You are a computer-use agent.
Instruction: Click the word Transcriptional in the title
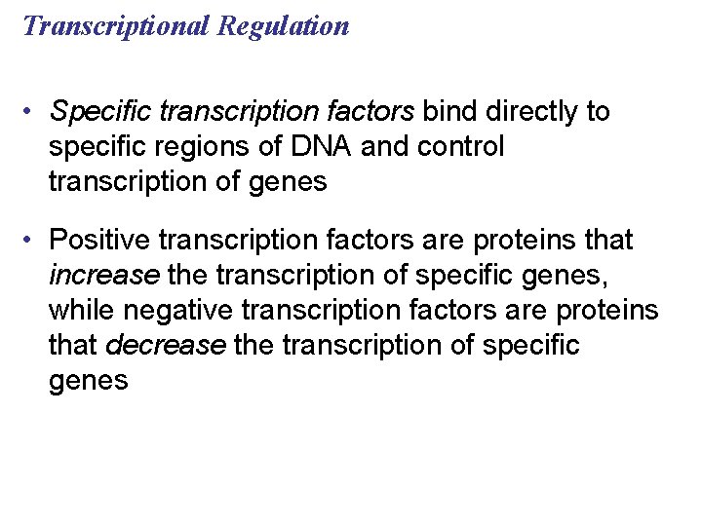pyautogui.click(x=116, y=26)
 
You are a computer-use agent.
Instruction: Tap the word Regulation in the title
pyautogui.click(x=284, y=26)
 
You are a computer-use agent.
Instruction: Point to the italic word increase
pyautogui.click(x=103, y=275)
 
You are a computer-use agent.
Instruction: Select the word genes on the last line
pyautogui.click(x=88, y=381)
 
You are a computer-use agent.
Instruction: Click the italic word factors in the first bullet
pyautogui.click(x=374, y=112)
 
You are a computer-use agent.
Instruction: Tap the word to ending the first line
pyautogui.click(x=597, y=112)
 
